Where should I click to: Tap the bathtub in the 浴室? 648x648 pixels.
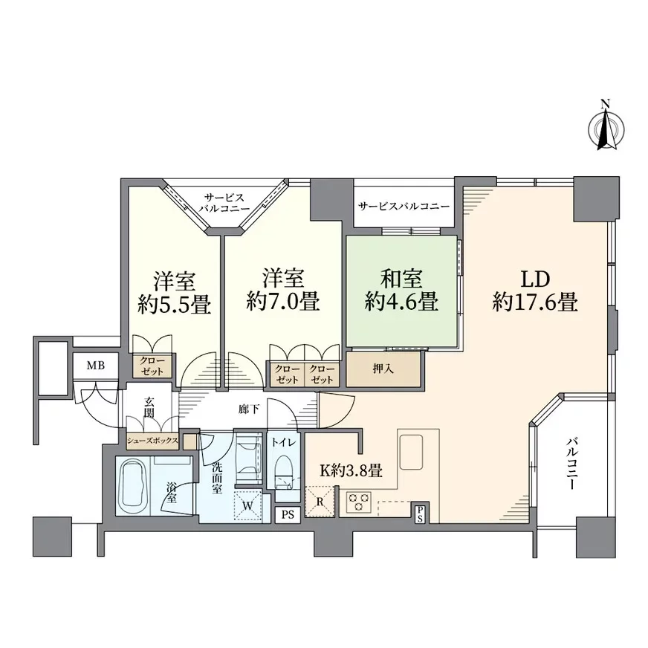(x=133, y=486)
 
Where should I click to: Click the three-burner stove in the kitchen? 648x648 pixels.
(x=359, y=502)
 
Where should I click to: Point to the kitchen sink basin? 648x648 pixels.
(x=411, y=452)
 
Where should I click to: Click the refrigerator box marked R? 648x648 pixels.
(x=319, y=502)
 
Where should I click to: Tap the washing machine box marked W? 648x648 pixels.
(x=248, y=505)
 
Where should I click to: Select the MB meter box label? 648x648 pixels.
(x=95, y=366)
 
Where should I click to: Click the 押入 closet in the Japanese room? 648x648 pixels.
(x=383, y=369)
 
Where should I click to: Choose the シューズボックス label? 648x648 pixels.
(x=152, y=441)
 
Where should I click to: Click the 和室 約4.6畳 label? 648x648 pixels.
(x=401, y=290)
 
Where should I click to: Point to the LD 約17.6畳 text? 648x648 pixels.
(x=535, y=291)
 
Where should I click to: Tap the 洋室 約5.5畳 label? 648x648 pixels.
(x=175, y=293)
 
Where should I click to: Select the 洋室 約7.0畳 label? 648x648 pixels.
(x=283, y=290)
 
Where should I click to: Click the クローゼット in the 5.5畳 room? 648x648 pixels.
(x=152, y=366)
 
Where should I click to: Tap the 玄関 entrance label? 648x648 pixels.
(x=149, y=407)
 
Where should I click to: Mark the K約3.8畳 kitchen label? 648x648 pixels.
(x=351, y=470)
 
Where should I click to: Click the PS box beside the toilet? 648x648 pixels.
(x=288, y=514)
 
